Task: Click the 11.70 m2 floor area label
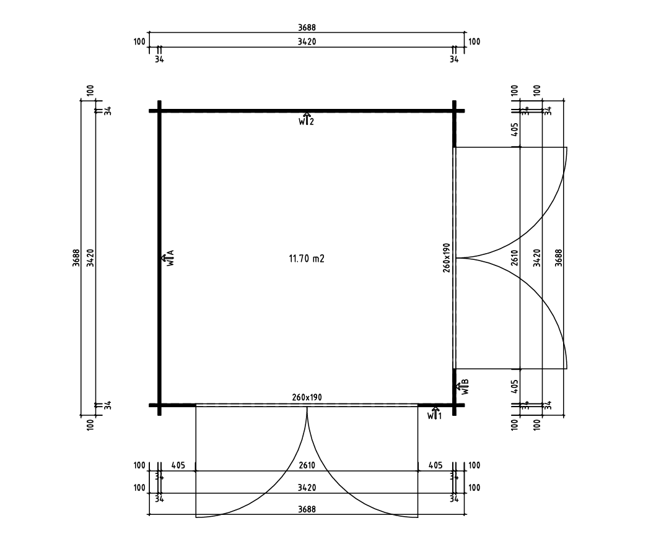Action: [x=307, y=259]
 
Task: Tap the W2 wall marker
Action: [x=306, y=119]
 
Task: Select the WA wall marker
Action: [x=168, y=258]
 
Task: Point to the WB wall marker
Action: [x=463, y=387]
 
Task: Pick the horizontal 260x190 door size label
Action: [x=307, y=397]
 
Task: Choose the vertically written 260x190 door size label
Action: [x=447, y=258]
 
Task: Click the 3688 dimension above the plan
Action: [x=307, y=28]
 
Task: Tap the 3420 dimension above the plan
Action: [x=307, y=42]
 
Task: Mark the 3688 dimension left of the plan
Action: [x=76, y=258]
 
